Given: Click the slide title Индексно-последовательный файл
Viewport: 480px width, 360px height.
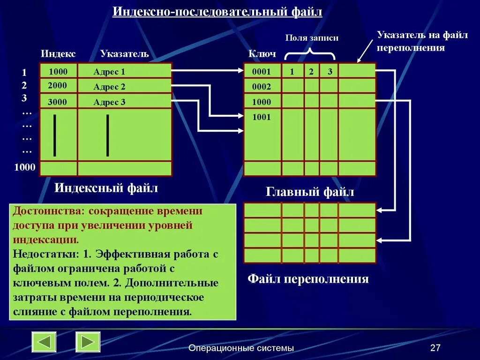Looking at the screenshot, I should click(x=217, y=11).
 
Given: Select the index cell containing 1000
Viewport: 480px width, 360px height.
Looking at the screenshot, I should click(x=58, y=72).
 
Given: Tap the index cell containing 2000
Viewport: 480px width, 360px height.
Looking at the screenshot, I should click(x=58, y=85).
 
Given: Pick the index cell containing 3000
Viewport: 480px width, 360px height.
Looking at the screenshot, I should click(x=58, y=102).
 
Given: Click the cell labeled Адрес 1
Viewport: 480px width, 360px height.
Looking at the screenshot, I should click(x=124, y=72).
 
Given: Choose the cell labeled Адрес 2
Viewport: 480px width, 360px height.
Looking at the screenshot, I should click(x=124, y=87).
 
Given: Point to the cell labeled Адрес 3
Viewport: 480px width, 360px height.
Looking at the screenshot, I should click(x=124, y=102).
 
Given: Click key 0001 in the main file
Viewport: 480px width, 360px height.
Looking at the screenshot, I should click(x=262, y=72).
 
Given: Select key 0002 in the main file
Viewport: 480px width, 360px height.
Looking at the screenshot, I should click(x=262, y=87).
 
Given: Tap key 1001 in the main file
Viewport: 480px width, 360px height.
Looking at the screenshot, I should click(x=262, y=117).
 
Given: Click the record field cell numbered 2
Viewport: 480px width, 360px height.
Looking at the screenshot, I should click(x=311, y=72).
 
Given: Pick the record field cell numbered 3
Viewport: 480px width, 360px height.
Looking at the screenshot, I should click(x=330, y=72).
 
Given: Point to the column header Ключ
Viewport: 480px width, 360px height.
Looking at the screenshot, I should click(x=262, y=54).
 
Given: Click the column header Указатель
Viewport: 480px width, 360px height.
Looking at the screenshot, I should click(x=124, y=54).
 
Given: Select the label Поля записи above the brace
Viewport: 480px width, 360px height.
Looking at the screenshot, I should click(x=312, y=38).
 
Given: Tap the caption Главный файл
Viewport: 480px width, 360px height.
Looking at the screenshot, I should click(x=310, y=192).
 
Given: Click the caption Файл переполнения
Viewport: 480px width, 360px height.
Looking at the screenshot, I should click(x=308, y=279).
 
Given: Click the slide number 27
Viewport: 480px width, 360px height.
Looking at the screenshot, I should click(x=435, y=348).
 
